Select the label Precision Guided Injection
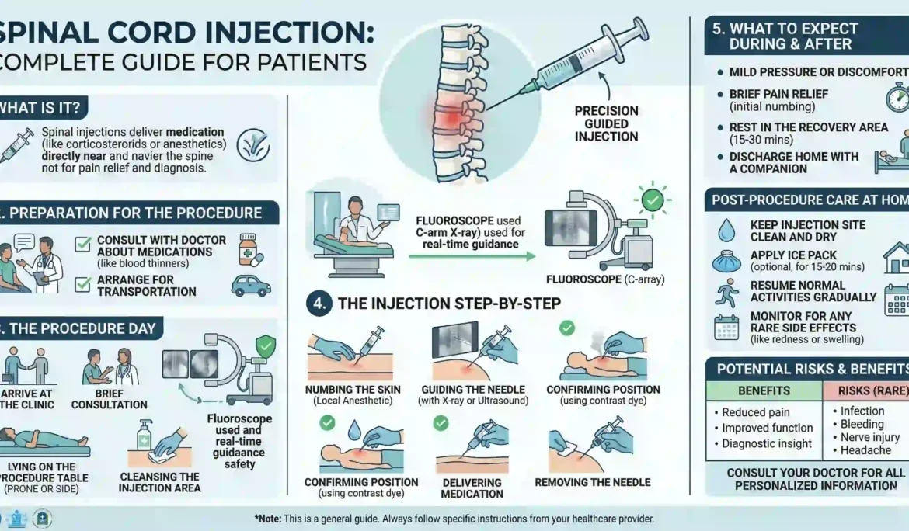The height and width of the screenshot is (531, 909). [x=606, y=124]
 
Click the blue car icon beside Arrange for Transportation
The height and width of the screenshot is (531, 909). [x=251, y=286]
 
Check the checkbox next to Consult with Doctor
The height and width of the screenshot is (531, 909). [x=83, y=245]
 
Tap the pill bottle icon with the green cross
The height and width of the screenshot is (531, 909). [x=248, y=248]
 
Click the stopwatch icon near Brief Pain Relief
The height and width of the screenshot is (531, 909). [x=897, y=98]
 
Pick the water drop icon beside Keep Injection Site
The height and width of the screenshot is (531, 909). [x=726, y=231]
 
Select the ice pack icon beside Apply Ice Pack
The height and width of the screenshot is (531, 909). [x=726, y=262]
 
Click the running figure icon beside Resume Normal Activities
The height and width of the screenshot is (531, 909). [x=726, y=293]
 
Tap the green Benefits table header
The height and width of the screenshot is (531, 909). [x=764, y=390]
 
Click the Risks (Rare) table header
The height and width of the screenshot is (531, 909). [x=869, y=390]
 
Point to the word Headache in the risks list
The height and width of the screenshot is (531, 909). [x=865, y=450]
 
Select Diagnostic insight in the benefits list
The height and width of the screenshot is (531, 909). [x=767, y=444]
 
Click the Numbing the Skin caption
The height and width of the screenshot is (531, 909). [x=350, y=390]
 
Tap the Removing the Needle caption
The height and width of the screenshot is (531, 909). [x=593, y=482]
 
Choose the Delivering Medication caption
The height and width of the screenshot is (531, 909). [x=472, y=488]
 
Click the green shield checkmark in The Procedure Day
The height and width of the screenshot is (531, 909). [x=266, y=346]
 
